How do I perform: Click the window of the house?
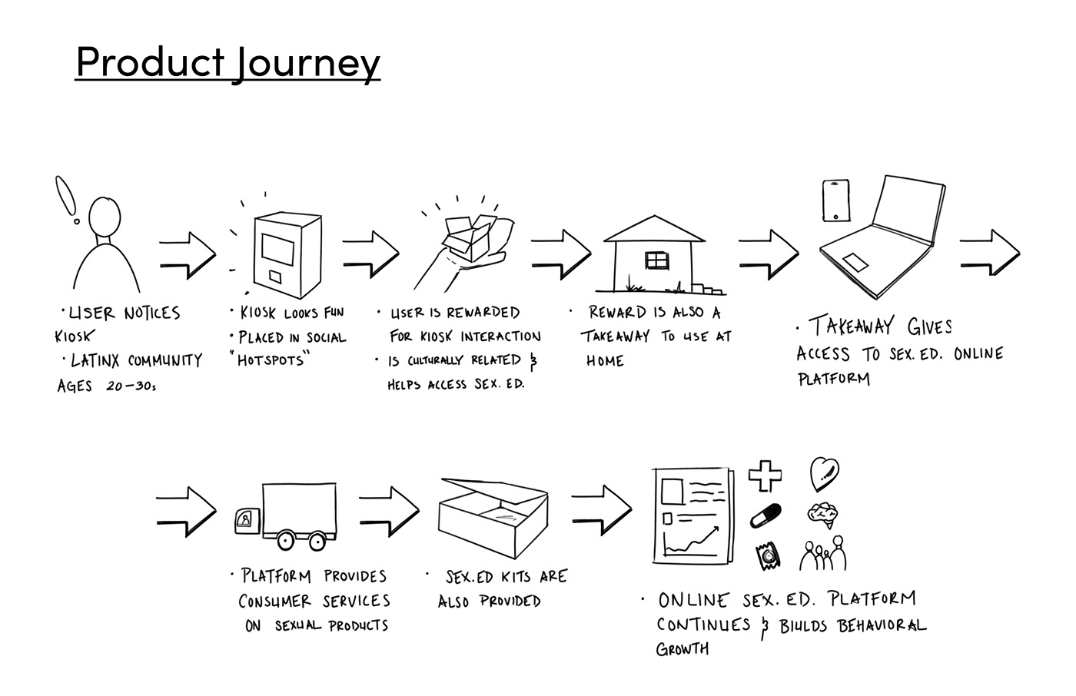(657, 261)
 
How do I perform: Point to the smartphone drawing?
(836, 201)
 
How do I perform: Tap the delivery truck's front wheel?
(287, 540)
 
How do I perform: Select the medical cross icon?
(765, 475)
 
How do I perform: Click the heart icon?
(823, 475)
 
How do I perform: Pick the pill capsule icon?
(766, 515)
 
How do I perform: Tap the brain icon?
(823, 514)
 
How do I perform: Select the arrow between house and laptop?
(768, 253)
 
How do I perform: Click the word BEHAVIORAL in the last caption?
(882, 625)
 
